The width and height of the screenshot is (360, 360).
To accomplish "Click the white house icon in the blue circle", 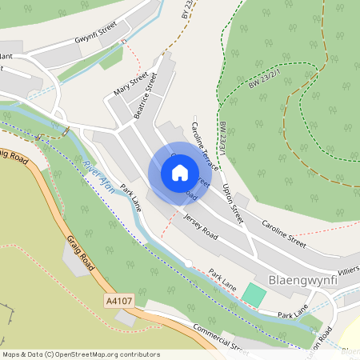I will tap(180, 173).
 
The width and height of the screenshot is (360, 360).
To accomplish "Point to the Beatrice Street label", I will tap(146, 97).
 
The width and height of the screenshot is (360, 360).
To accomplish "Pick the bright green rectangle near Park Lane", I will tap(254, 294).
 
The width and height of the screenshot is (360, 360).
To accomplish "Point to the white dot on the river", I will tap(187, 263).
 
